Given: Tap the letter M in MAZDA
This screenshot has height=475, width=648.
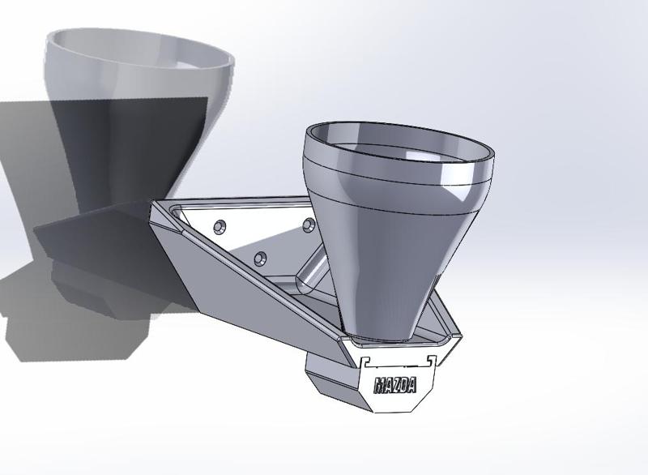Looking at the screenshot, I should (x=379, y=385).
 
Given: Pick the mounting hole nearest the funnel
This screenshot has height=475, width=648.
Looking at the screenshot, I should (x=308, y=223).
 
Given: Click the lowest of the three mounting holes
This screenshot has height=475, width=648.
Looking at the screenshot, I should (x=259, y=258).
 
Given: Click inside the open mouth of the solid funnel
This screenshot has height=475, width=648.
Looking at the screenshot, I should (x=399, y=146).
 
